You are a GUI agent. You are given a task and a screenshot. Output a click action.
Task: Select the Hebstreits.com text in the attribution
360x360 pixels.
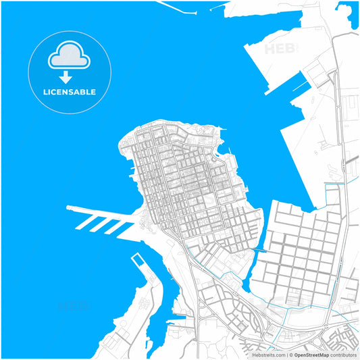(268, 354)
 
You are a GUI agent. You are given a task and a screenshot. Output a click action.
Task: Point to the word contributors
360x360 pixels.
(343, 354)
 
